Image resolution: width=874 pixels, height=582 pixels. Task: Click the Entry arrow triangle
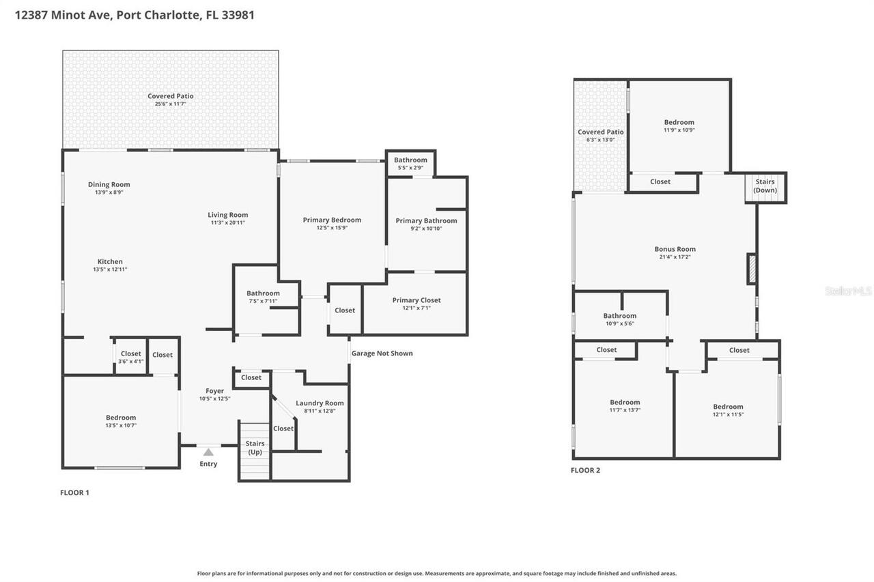208,452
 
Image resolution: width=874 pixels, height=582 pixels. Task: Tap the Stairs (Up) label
255,448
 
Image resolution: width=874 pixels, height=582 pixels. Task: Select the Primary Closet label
416,300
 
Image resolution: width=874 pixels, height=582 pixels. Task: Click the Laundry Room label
320,403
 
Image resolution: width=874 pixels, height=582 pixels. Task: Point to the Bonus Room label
675,250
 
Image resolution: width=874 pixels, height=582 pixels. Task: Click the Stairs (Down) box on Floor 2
765,186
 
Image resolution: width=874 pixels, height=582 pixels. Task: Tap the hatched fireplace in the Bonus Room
752,268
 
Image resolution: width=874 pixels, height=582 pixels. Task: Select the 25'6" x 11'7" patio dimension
170,104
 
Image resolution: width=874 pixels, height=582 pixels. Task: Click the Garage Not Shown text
382,353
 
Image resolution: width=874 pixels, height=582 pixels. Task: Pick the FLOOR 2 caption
585,470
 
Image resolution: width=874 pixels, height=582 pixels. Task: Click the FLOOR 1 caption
75,493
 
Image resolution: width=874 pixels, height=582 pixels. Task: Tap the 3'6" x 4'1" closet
130,358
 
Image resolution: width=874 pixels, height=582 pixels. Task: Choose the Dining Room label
109,185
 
